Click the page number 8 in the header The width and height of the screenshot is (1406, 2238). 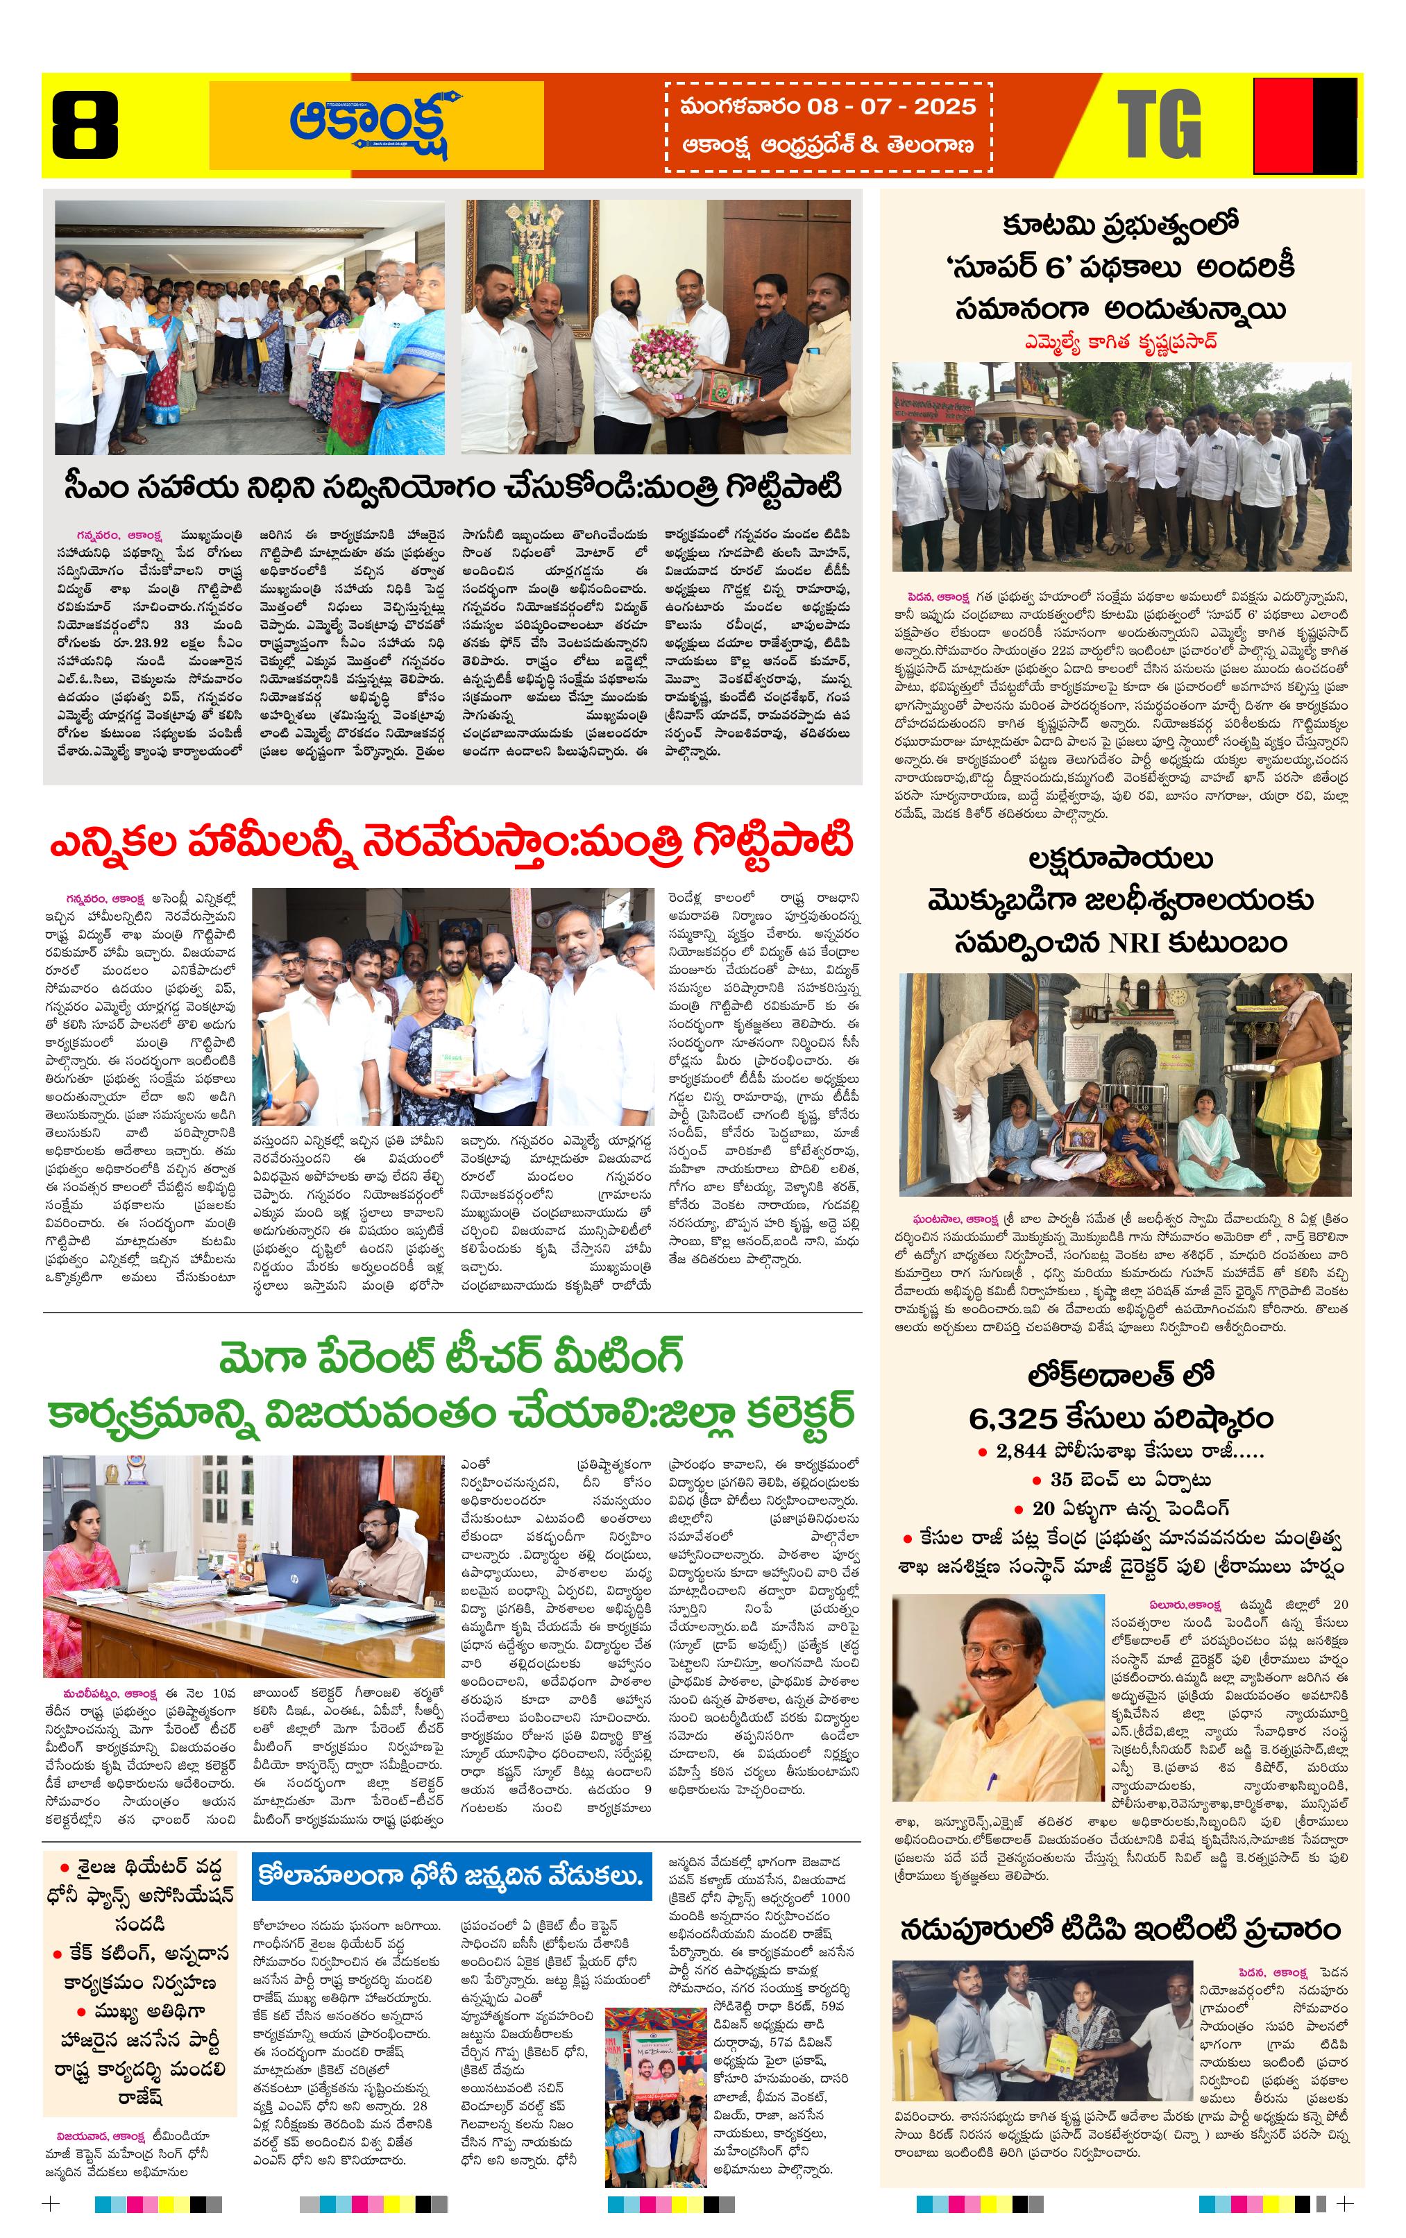pos(85,126)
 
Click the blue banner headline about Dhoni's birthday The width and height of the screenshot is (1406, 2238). pos(451,1872)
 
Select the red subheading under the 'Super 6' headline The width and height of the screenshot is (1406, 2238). pos(1121,342)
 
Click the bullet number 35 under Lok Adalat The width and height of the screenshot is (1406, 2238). pos(1061,1480)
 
